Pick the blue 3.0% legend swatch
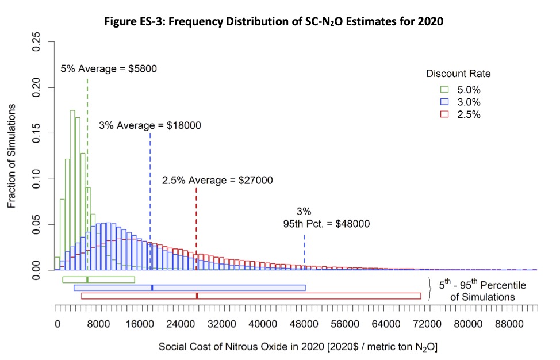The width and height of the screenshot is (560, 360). click(444, 102)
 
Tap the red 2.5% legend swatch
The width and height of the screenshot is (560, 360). click(444, 114)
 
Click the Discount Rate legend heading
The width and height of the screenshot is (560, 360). click(458, 74)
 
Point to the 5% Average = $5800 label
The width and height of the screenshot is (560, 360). click(109, 69)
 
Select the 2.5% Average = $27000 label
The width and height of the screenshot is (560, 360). click(217, 180)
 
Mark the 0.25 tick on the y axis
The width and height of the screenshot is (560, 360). click(36, 43)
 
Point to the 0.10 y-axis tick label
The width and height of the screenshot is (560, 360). click(36, 179)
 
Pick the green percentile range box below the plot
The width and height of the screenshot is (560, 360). click(98, 279)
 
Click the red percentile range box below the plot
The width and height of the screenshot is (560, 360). click(251, 296)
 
